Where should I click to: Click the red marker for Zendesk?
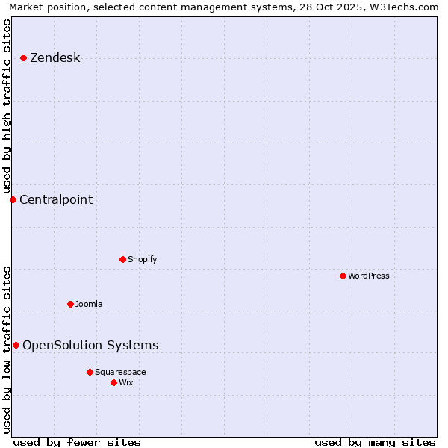click(24, 57)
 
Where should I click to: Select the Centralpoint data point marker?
click(13, 199)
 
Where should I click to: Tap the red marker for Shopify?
click(122, 259)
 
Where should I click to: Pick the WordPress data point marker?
click(343, 276)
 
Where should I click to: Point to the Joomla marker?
click(70, 304)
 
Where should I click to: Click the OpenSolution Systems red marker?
click(16, 345)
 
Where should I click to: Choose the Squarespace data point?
click(90, 372)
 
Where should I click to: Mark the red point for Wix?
click(113, 382)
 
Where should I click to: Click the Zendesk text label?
click(55, 57)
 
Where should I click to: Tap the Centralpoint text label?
click(56, 199)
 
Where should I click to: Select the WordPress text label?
click(368, 276)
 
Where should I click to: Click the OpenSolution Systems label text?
click(90, 345)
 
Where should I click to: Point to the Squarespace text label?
click(120, 372)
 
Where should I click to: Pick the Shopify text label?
click(142, 259)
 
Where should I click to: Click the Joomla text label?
click(89, 304)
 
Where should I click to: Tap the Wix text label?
click(125, 382)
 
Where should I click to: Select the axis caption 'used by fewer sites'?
click(77, 442)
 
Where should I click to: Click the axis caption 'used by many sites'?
click(375, 442)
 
